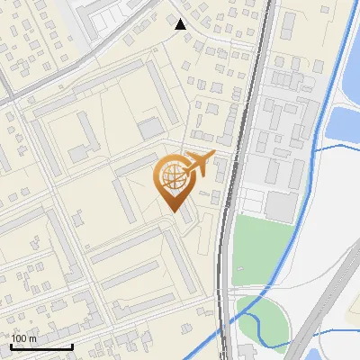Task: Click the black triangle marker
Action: click(x=181, y=24)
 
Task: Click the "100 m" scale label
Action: click(x=24, y=338)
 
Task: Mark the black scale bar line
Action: click(x=41, y=346)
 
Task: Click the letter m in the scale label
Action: click(x=33, y=338)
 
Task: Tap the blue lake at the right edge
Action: click(x=346, y=121)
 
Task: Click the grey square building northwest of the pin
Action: click(x=151, y=128)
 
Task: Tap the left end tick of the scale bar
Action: click(x=11, y=346)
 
